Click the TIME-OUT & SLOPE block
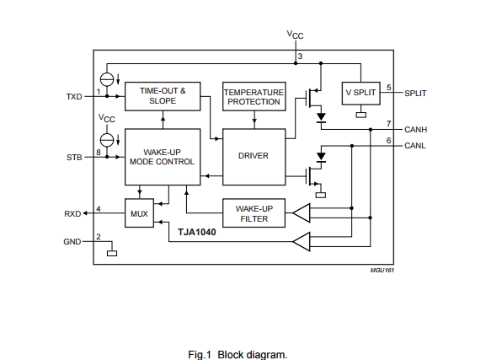(163, 96)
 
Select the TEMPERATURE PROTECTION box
(254, 96)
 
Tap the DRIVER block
(254, 157)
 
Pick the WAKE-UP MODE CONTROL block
(163, 157)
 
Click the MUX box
(139, 213)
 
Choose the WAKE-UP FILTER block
(254, 213)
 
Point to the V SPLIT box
(361, 93)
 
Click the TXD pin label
(74, 97)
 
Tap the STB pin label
(74, 158)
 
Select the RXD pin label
(72, 214)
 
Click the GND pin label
(72, 242)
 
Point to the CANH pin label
(415, 130)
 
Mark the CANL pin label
(415, 146)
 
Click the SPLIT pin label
(415, 94)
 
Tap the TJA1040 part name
(197, 232)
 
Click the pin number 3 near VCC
(300, 56)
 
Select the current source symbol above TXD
(107, 79)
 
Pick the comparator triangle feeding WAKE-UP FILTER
(302, 213)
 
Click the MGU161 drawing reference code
(382, 271)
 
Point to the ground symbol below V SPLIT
(361, 115)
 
